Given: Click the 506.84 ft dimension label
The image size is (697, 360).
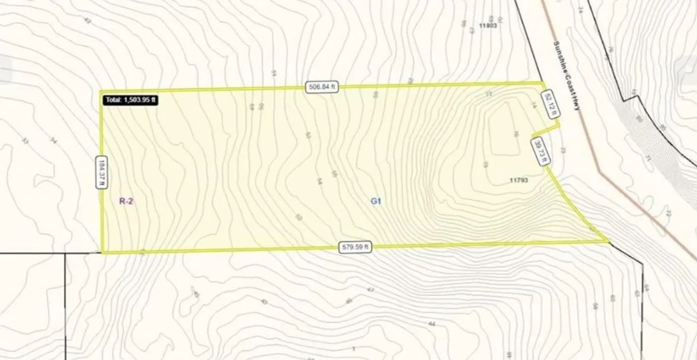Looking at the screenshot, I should [322, 87].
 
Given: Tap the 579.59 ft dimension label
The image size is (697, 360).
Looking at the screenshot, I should [355, 247].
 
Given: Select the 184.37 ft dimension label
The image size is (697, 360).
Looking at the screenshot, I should [102, 172].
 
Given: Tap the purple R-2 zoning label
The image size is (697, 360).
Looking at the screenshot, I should [126, 201].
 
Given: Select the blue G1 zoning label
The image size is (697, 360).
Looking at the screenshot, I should [376, 201].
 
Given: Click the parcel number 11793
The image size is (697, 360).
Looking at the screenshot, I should [519, 180].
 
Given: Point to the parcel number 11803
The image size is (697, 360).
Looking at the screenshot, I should [488, 26].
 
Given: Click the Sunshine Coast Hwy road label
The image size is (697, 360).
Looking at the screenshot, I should [567, 75].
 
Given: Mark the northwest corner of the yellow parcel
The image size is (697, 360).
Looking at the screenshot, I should [101, 91].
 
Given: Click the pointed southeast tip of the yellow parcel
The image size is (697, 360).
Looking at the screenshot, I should [608, 241].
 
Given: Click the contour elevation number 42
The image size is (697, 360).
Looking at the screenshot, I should [87, 21].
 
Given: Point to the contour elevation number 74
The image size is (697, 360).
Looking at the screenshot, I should [579, 10].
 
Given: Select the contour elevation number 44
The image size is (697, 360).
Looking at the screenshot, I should [432, 324].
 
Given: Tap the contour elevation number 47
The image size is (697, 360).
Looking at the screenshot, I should [370, 290].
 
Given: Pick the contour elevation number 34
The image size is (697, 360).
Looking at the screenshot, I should [53, 140].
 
